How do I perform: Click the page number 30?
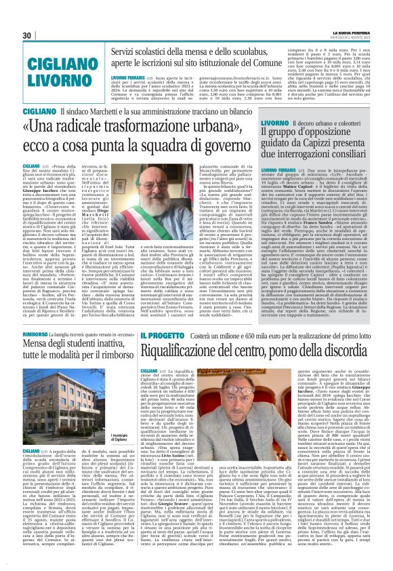(x=28, y=36)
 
